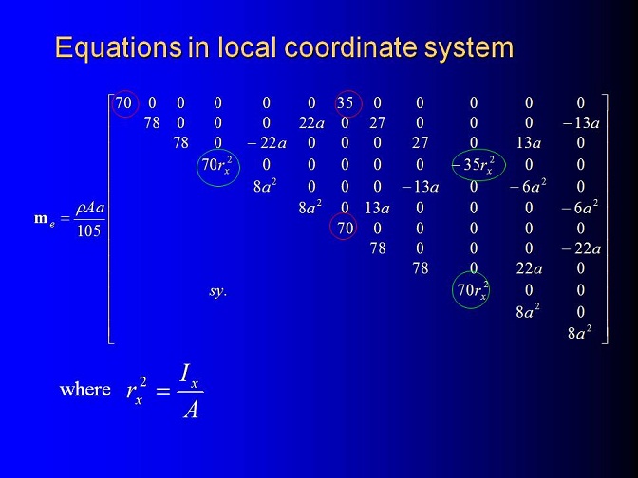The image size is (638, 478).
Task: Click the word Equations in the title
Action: click(x=119, y=48)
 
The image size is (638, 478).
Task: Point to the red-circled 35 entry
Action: click(x=345, y=102)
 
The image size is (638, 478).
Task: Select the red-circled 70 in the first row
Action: click(x=123, y=102)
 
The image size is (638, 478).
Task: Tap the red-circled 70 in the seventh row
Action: click(x=345, y=228)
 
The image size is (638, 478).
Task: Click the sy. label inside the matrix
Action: click(x=217, y=291)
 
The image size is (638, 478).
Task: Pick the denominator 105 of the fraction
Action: click(x=88, y=230)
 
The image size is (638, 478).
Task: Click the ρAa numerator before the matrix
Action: click(x=90, y=208)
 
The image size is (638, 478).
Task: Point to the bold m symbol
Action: click(x=41, y=219)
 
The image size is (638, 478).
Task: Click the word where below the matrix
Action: click(x=85, y=390)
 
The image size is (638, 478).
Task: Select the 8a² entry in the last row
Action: click(x=579, y=333)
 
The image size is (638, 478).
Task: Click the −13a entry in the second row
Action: click(x=581, y=122)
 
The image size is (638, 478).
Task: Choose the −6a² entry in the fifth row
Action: click(x=528, y=185)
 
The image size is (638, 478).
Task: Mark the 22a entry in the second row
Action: click(x=311, y=122)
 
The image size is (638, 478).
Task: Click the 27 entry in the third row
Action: click(x=420, y=142)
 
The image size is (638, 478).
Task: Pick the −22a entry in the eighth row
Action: click(x=581, y=248)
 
